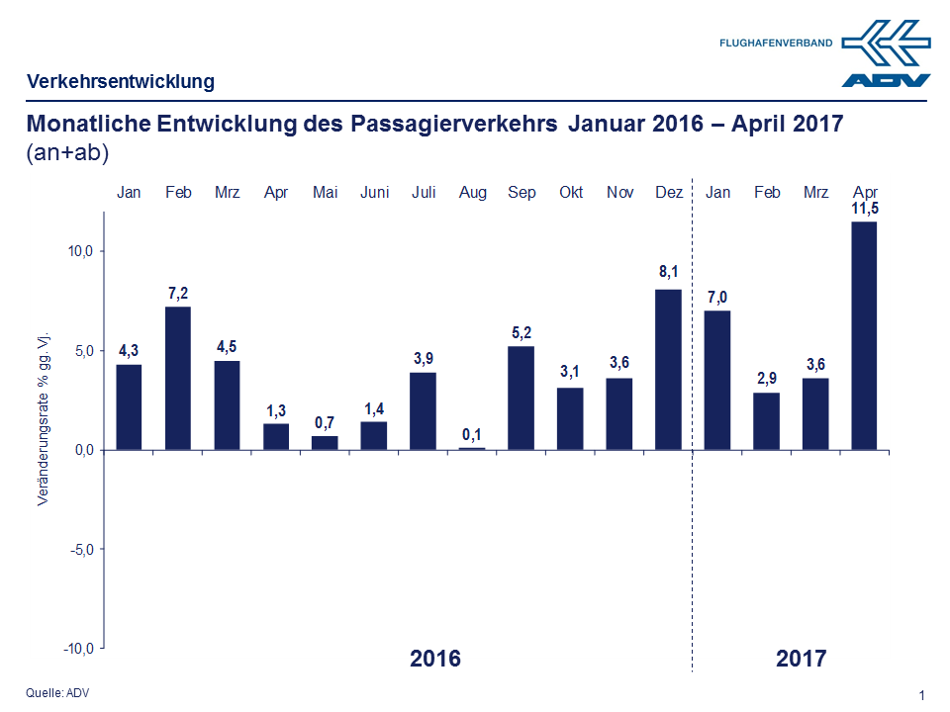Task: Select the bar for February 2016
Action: coord(178,378)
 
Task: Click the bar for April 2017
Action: coord(865,336)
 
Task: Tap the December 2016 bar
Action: coord(669,369)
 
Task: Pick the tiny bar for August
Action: coord(473,448)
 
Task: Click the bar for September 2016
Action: coord(522,398)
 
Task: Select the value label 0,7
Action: coord(326,423)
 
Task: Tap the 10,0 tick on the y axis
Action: coord(80,251)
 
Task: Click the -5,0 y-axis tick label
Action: coord(79,549)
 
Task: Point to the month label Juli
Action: coord(424,192)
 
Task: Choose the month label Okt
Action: coord(571,192)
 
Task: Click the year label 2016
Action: coord(435,658)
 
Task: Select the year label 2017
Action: coord(801,658)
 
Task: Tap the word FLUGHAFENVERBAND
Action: coord(777,43)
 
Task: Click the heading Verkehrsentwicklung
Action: coord(121,81)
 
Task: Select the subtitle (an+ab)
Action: coord(67,153)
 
